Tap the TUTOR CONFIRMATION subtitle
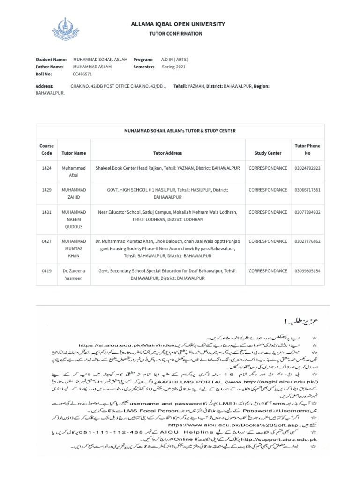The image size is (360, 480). click(x=175, y=34)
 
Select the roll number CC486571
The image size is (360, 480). click(x=82, y=74)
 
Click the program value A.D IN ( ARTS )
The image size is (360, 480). click(x=175, y=60)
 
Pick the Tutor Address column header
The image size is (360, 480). click(x=167, y=153)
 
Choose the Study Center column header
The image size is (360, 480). click(x=268, y=153)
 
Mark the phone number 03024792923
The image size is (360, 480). click(x=307, y=168)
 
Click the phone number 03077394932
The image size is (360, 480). click(x=307, y=212)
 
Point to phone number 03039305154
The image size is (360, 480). click(x=307, y=271)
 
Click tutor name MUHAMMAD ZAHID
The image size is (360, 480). click(x=74, y=194)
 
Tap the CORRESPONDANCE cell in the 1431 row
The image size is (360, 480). click(x=268, y=212)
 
